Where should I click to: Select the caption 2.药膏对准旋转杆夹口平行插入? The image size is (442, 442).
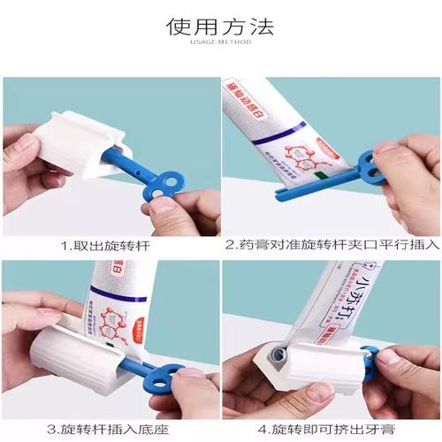click(x=331, y=242)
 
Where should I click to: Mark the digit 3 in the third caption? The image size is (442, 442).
click(x=64, y=427)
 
